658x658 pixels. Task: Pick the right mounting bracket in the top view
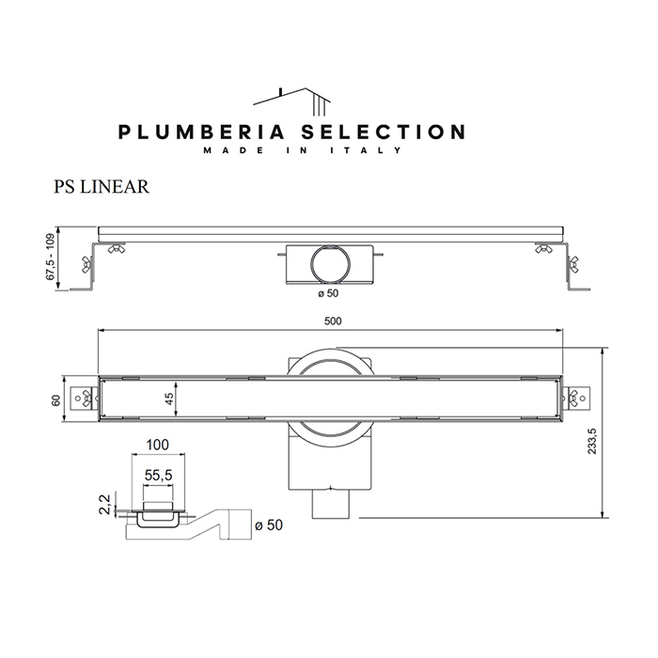coord(574,400)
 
